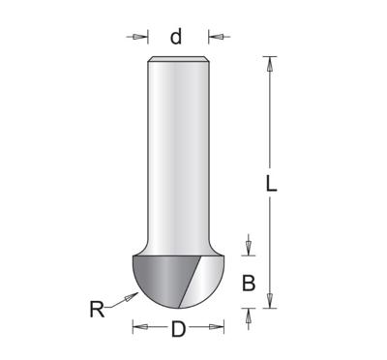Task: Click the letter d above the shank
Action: click(176, 37)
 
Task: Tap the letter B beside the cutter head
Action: click(249, 283)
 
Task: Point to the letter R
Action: click(97, 311)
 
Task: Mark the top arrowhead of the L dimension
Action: click(271, 63)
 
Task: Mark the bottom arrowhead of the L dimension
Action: click(271, 301)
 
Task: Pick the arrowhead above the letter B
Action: click(249, 250)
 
